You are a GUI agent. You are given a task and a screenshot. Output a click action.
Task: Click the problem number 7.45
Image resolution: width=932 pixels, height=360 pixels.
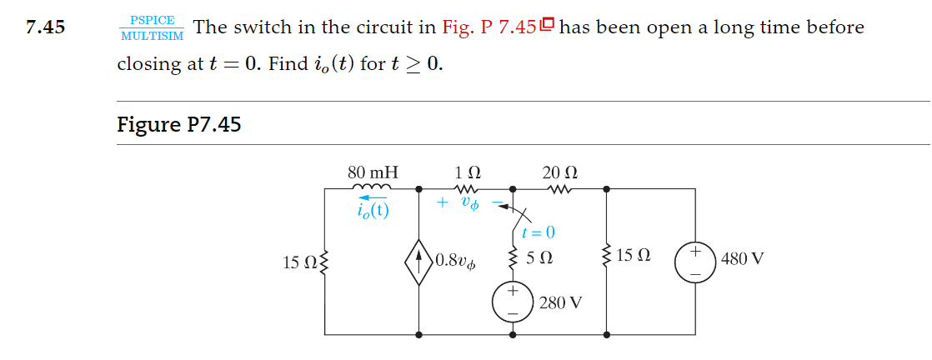(x=45, y=27)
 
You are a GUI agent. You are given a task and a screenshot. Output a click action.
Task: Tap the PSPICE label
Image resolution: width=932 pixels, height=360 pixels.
(x=152, y=20)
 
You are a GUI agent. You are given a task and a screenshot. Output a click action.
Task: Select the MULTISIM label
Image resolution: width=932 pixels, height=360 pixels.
(x=152, y=36)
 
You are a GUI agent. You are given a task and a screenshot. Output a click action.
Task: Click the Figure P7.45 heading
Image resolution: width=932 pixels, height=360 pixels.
(x=179, y=125)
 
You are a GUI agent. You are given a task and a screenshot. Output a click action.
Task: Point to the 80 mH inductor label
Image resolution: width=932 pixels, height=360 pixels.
(x=373, y=172)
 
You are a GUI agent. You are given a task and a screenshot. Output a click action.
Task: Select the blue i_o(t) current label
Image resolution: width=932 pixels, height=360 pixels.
(x=371, y=209)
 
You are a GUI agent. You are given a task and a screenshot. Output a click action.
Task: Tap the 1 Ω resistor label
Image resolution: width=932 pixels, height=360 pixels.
(x=468, y=172)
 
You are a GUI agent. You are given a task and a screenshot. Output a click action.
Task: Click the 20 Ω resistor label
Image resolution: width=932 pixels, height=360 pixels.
(x=559, y=172)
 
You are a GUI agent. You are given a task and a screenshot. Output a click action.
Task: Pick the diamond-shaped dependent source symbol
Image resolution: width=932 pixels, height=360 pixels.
(x=418, y=260)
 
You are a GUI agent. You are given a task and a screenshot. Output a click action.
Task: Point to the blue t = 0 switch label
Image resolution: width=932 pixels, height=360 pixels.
(x=538, y=232)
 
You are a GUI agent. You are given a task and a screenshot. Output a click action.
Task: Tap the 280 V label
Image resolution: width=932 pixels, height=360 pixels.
(x=559, y=302)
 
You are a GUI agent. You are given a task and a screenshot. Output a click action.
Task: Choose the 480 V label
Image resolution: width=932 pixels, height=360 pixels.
(x=740, y=258)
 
